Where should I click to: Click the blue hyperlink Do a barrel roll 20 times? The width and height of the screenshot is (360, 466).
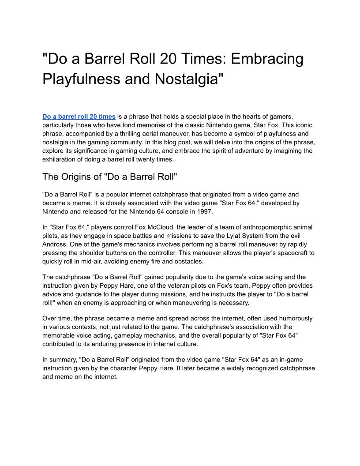pos(79,116)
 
